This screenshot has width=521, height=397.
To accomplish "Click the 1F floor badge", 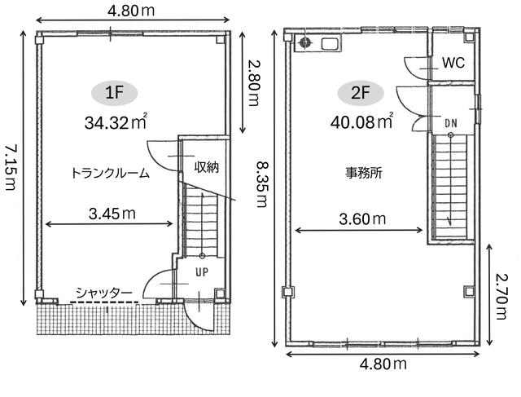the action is [x=114, y=92].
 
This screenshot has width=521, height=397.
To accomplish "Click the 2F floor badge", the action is [x=361, y=92].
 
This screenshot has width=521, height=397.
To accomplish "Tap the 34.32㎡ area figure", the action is [x=116, y=122].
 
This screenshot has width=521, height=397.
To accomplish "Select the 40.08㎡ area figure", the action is [x=361, y=121].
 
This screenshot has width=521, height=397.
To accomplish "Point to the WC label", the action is [x=453, y=63].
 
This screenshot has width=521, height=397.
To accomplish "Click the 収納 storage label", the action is [x=207, y=167].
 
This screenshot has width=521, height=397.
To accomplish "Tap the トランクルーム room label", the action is [x=111, y=174].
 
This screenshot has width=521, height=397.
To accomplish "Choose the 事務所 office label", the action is [x=364, y=173].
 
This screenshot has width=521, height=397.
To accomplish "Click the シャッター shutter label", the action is [x=104, y=293].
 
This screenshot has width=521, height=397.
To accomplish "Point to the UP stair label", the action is [x=202, y=272].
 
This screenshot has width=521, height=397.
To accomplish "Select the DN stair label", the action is [x=451, y=123].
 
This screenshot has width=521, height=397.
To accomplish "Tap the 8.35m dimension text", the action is [x=262, y=183].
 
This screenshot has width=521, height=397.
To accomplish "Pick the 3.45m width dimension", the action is [x=112, y=214].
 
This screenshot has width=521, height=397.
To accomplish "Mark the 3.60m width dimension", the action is [x=362, y=219].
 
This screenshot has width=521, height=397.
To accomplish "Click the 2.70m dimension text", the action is [x=501, y=296].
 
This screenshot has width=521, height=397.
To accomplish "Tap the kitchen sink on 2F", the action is [x=331, y=43].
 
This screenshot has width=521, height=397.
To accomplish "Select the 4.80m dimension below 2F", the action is [x=383, y=364].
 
